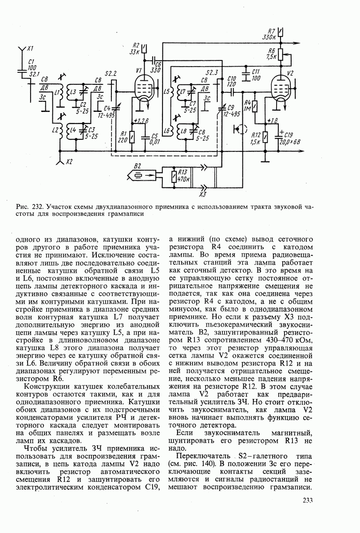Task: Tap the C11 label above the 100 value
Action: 255,72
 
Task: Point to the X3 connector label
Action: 203,195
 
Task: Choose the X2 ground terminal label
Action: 68,162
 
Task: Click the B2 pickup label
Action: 138,166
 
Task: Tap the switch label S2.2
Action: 111,73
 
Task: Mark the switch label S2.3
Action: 212,72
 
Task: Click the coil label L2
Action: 55,130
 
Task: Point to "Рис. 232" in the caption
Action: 29,207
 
